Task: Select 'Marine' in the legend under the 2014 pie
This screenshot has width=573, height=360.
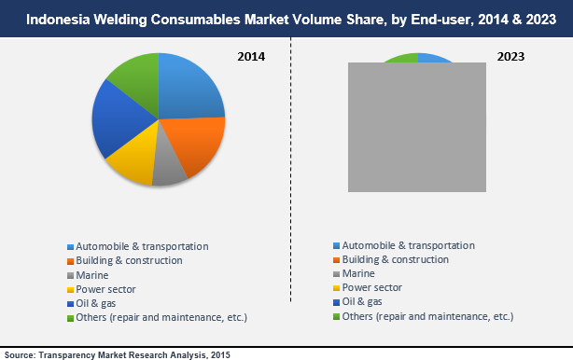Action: click(x=92, y=275)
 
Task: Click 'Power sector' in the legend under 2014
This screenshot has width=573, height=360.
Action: click(x=105, y=289)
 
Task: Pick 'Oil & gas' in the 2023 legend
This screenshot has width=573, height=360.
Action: click(x=362, y=301)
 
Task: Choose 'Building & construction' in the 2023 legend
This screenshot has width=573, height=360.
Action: click(x=396, y=259)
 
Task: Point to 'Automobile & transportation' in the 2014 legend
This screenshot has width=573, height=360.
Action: click(x=141, y=246)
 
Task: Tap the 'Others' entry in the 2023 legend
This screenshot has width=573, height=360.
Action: click(x=428, y=316)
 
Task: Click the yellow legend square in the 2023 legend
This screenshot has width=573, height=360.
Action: click(x=336, y=288)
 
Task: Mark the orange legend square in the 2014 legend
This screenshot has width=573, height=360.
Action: click(x=69, y=261)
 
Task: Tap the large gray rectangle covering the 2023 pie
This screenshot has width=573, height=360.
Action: click(x=417, y=128)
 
